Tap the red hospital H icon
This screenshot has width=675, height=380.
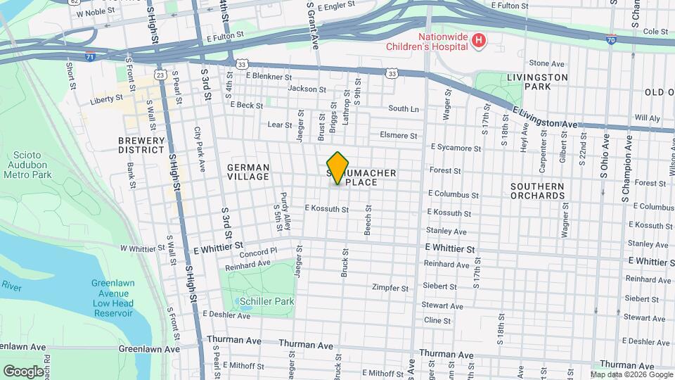point(479,41)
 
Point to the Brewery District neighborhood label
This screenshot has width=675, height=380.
point(141,145)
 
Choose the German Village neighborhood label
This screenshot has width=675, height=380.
point(248,172)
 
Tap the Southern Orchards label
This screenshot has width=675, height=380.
point(537,191)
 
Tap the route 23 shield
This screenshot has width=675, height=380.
point(160,75)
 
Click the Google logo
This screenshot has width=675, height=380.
point(23,371)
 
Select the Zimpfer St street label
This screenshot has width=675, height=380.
point(390,288)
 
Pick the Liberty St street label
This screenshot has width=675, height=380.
point(106,100)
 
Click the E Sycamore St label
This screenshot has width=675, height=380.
point(456,148)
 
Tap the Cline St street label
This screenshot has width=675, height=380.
point(437,320)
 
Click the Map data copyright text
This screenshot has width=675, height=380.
point(631,374)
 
